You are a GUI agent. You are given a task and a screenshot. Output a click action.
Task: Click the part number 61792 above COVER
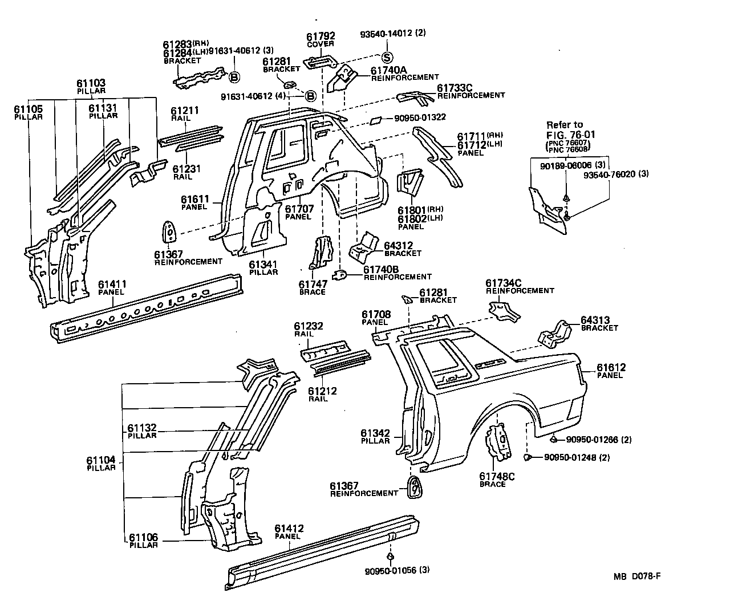[x=321, y=36]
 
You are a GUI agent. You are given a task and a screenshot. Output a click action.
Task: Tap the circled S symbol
[x=386, y=57]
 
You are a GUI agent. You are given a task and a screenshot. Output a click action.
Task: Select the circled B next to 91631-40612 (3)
[x=234, y=76]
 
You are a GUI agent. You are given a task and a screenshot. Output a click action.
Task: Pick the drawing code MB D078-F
[x=637, y=576]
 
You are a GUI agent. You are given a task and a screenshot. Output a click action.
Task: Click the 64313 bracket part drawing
[x=553, y=334]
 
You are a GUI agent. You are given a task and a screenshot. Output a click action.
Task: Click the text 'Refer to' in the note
[x=565, y=124]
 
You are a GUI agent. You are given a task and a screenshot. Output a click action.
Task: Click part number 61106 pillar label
[x=143, y=537]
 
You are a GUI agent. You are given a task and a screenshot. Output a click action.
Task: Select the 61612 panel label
[x=611, y=367]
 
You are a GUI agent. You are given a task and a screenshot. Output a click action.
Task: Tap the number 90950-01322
[x=419, y=118]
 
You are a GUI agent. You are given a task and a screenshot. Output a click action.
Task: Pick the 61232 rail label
[x=309, y=326]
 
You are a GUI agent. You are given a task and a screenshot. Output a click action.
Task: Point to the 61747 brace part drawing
[x=321, y=253]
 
